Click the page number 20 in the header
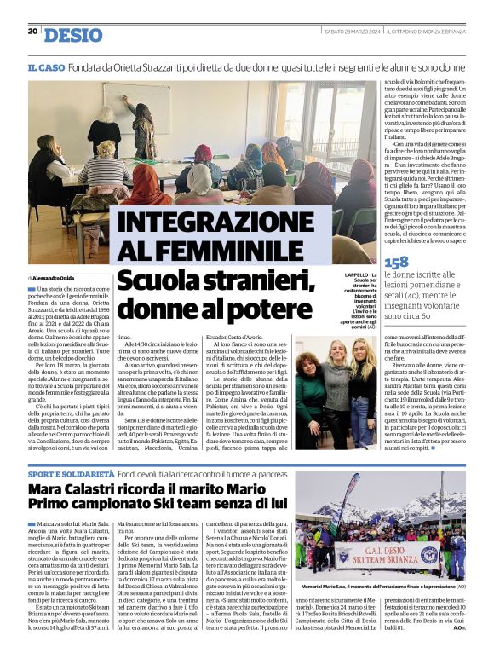pyautogui.click(x=32, y=32)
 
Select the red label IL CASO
pyautogui.click(x=44, y=67)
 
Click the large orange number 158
pyautogui.click(x=396, y=263)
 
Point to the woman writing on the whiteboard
pyautogui.click(x=143, y=128)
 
